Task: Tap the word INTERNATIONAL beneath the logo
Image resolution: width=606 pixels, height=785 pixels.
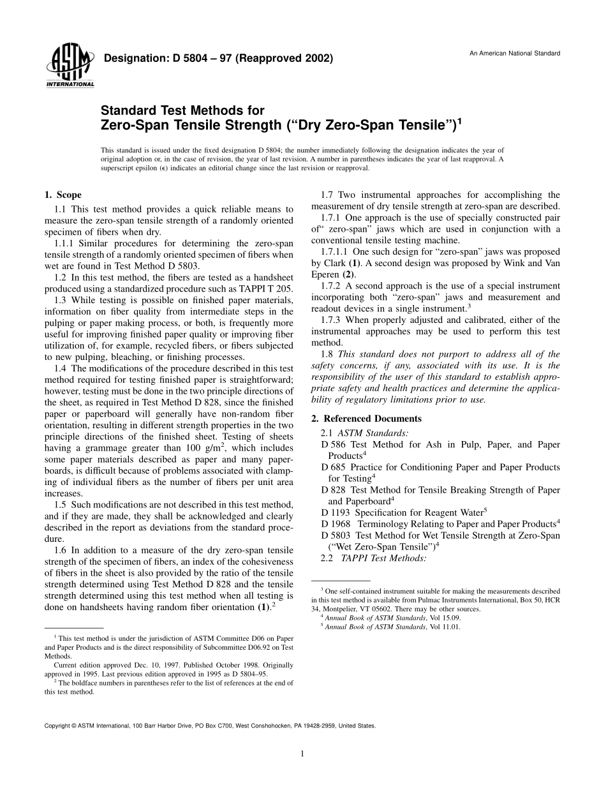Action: tap(70, 84)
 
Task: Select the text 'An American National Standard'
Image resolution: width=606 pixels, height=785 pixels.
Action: tap(515, 53)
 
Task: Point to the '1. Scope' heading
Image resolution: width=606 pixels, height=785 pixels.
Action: tap(63, 195)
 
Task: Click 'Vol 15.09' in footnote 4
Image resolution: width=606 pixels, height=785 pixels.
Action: tap(443, 618)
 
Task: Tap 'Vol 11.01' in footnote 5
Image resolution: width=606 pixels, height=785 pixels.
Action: tap(443, 627)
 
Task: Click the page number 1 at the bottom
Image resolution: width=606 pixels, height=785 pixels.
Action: tap(302, 754)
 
